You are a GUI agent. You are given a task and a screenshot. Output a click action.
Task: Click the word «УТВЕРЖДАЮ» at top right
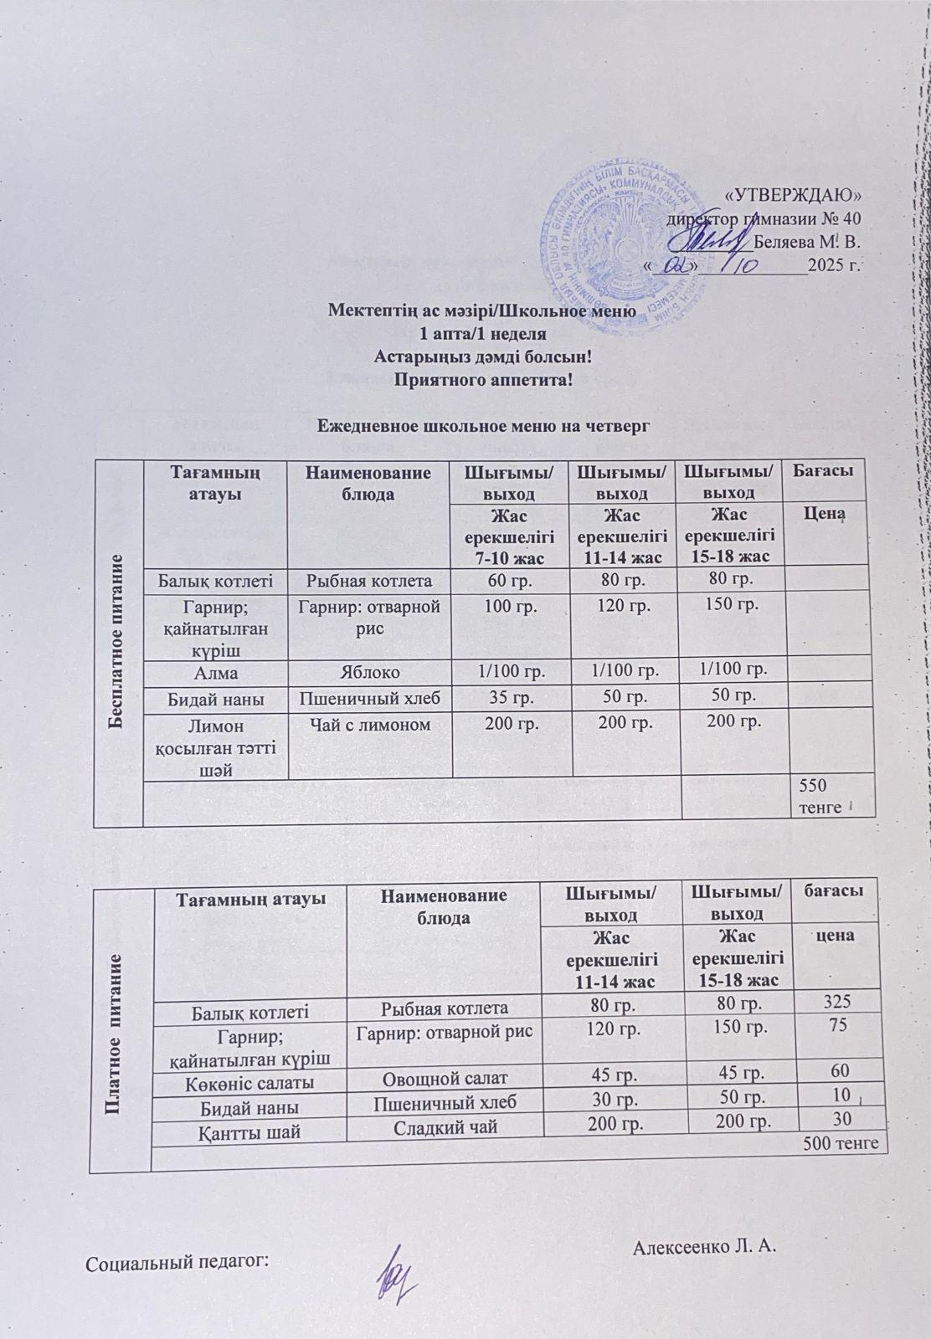coord(792,195)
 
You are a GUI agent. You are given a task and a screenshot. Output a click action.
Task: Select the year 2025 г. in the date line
coord(835,267)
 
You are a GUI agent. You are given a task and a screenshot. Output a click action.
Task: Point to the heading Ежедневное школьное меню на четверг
coord(483,425)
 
